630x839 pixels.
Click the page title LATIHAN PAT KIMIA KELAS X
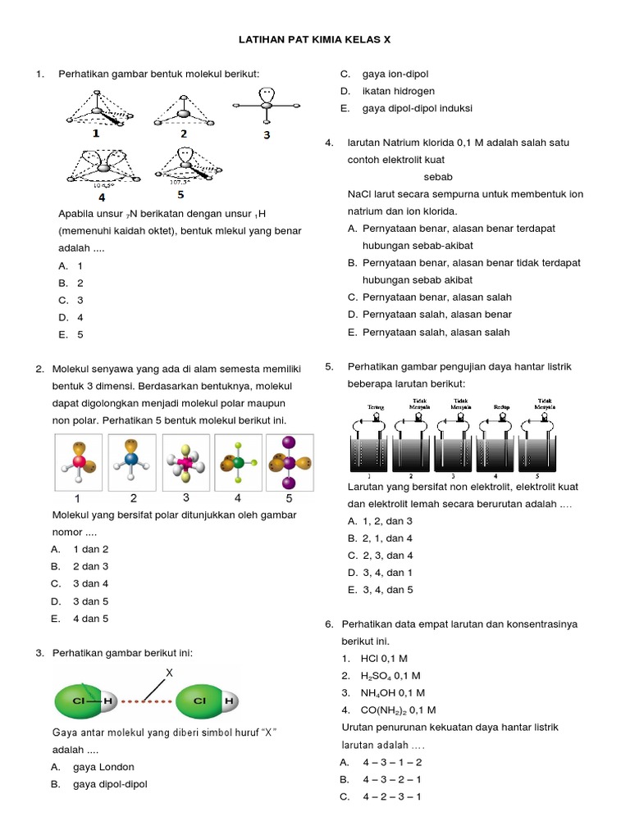(314, 38)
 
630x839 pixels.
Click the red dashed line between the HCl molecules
(142, 701)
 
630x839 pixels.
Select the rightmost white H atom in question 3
(230, 701)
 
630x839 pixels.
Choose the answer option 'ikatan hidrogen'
(398, 91)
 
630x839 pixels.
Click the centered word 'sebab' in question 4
(438, 177)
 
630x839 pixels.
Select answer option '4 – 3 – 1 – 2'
(392, 762)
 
